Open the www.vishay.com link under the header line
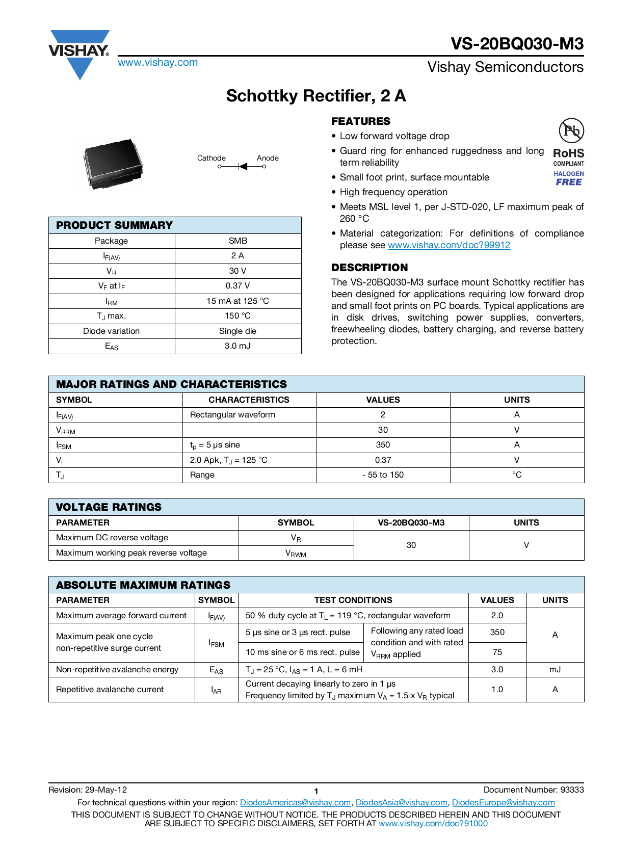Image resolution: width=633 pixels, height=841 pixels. (x=157, y=63)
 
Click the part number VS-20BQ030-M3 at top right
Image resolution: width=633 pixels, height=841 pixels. (x=517, y=44)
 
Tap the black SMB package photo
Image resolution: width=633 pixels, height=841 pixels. (x=113, y=164)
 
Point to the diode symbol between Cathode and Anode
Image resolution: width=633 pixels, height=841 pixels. (x=243, y=167)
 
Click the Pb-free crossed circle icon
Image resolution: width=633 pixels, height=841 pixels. (x=571, y=131)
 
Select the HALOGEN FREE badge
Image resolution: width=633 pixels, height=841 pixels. (x=569, y=178)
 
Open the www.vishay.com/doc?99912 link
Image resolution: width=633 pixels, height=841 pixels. (x=449, y=245)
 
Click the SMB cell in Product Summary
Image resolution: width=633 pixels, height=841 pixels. (x=238, y=241)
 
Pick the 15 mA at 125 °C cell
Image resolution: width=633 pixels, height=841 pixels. (x=238, y=301)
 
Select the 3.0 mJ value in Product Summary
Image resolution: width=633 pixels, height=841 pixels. (x=238, y=346)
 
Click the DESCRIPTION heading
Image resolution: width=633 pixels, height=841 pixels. (x=370, y=268)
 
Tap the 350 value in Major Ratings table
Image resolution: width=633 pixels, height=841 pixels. (x=383, y=445)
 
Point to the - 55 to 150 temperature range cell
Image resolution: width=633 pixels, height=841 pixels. (x=383, y=475)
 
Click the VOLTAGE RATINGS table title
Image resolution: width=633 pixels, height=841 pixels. (x=109, y=507)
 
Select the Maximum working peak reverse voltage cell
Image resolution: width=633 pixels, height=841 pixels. (x=131, y=553)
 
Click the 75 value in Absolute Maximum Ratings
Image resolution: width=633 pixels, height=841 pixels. (x=497, y=652)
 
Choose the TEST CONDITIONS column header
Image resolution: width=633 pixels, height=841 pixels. (x=353, y=600)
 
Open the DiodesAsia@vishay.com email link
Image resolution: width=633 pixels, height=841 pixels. (x=401, y=803)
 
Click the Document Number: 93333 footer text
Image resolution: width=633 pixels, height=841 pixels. (x=533, y=790)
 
